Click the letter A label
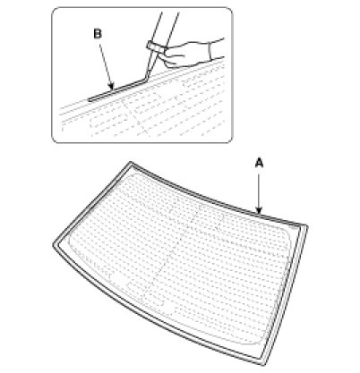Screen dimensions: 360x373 point(260,163)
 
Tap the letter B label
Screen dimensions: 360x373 point(98,33)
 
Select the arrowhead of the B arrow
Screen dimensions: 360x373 point(111,86)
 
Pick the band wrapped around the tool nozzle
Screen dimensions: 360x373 point(155,47)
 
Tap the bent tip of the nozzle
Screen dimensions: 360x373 point(145,78)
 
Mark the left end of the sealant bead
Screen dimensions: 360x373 point(90,100)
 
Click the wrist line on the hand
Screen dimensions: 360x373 point(210,50)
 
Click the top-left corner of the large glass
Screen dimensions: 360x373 point(131,163)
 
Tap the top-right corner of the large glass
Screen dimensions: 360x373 point(306,225)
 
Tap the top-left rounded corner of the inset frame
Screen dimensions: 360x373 point(56,12)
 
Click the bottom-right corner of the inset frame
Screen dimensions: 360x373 point(229,140)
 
